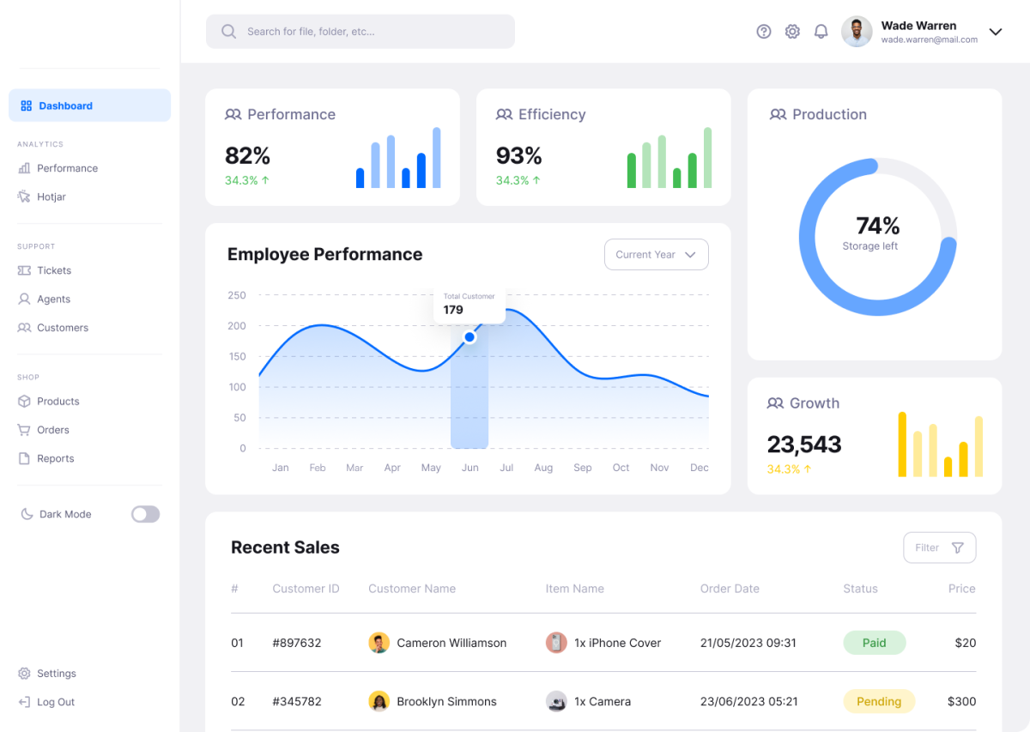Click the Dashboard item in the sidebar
pyautogui.click(x=89, y=106)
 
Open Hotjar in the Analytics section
pyautogui.click(x=51, y=197)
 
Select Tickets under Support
pyautogui.click(x=53, y=270)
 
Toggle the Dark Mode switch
pyautogui.click(x=145, y=514)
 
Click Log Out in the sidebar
pyautogui.click(x=55, y=702)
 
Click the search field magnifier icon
pyautogui.click(x=228, y=32)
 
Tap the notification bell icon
pyautogui.click(x=821, y=32)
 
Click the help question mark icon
pyautogui.click(x=764, y=32)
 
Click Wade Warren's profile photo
pyautogui.click(x=857, y=32)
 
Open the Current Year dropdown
pyautogui.click(x=657, y=255)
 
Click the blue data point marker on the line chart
pyautogui.click(x=470, y=337)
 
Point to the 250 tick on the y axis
pyautogui.click(x=237, y=295)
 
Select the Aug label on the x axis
pyautogui.click(x=543, y=468)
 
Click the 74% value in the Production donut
pyautogui.click(x=877, y=226)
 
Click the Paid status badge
pyautogui.click(x=874, y=643)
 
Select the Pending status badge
pyautogui.click(x=879, y=701)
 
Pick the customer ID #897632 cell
pyautogui.click(x=297, y=643)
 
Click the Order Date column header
pyautogui.click(x=730, y=589)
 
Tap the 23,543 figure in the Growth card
pyautogui.click(x=804, y=445)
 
